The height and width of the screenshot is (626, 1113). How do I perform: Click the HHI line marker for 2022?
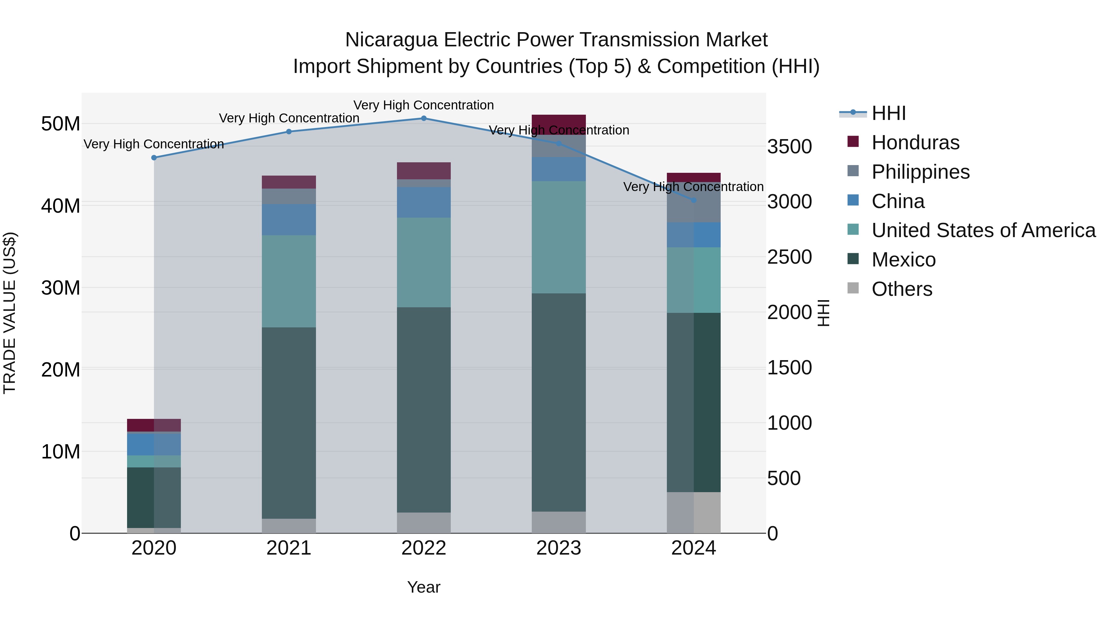click(424, 118)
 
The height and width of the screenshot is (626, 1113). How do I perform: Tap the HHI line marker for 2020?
click(154, 158)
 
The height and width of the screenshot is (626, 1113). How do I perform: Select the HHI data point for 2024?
click(693, 200)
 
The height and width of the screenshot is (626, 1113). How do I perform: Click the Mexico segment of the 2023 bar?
click(558, 402)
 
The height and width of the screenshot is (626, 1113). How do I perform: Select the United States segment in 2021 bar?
click(289, 281)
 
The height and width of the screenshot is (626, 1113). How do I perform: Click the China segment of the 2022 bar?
click(424, 202)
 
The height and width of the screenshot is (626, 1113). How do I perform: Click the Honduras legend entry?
click(915, 143)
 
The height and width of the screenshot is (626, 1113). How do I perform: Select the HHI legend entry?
click(888, 113)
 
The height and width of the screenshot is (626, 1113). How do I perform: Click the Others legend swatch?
click(853, 288)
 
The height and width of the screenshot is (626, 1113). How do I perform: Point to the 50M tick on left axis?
click(61, 124)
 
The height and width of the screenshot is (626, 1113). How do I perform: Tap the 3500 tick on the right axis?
click(789, 147)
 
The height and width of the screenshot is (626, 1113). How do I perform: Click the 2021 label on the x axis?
click(289, 548)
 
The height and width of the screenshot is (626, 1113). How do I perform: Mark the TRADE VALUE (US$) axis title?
click(10, 313)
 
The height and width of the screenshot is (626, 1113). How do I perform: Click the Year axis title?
click(424, 587)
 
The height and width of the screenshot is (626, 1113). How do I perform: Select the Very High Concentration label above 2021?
click(289, 118)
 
